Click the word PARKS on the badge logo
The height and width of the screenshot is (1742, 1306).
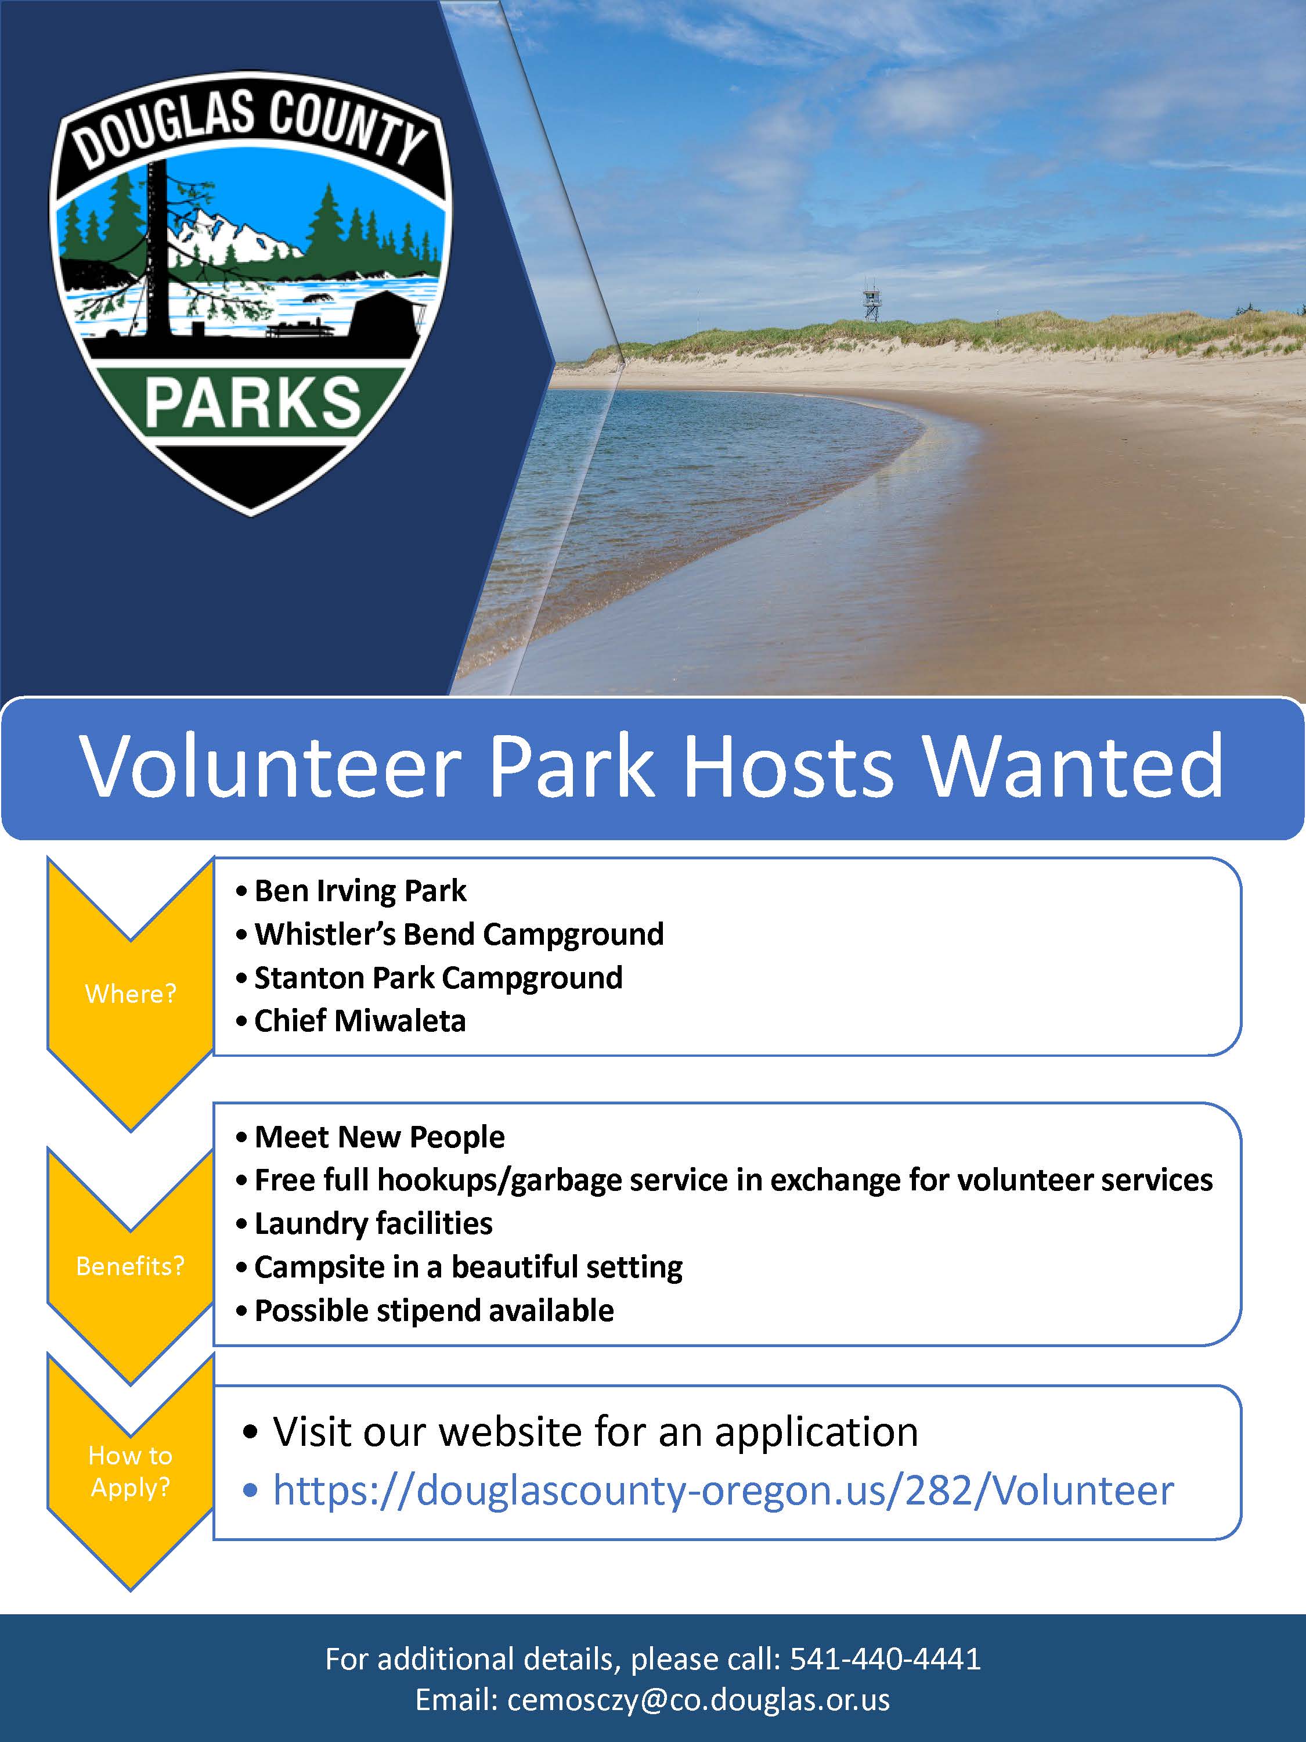[252, 403]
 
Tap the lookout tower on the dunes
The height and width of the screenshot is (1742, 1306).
[871, 303]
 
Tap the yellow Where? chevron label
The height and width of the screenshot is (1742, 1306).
[131, 994]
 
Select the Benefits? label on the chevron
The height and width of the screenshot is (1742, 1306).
[131, 1265]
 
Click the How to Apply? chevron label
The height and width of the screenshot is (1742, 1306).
[131, 1471]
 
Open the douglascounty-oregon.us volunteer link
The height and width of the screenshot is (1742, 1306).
[723, 1491]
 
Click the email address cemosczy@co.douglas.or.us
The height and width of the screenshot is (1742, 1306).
[699, 1700]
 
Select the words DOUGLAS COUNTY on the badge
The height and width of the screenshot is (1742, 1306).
[252, 126]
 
